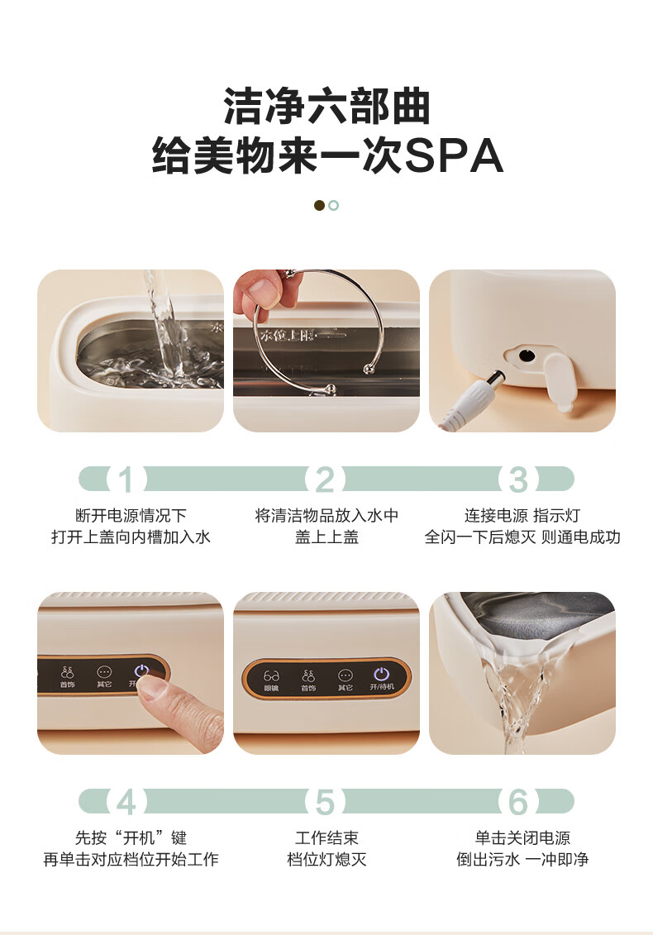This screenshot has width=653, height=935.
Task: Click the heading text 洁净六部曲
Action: coord(326,107)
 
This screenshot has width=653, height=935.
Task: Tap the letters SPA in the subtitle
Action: coord(454,156)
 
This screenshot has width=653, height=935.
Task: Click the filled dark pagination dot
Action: coord(319,205)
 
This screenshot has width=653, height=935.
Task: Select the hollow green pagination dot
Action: coord(333,205)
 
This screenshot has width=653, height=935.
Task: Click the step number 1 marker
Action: coord(126,479)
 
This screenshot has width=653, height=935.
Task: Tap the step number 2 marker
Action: coord(325,479)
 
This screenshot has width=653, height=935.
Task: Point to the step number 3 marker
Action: coord(518,479)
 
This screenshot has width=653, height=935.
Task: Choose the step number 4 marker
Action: coord(126,802)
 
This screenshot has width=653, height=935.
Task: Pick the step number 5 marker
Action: coord(325,802)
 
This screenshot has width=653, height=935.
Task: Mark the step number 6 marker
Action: coord(518,802)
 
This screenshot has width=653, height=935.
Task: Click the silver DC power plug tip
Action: coord(496,378)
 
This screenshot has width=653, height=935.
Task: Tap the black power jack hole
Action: coord(526,355)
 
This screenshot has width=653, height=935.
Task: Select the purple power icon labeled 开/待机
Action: coord(381,675)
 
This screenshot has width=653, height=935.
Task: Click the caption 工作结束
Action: coord(326,837)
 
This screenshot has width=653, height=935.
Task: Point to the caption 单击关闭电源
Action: coord(522,837)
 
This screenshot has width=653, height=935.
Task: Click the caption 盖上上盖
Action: coord(326,537)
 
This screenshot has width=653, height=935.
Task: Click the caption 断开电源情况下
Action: coord(131,515)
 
